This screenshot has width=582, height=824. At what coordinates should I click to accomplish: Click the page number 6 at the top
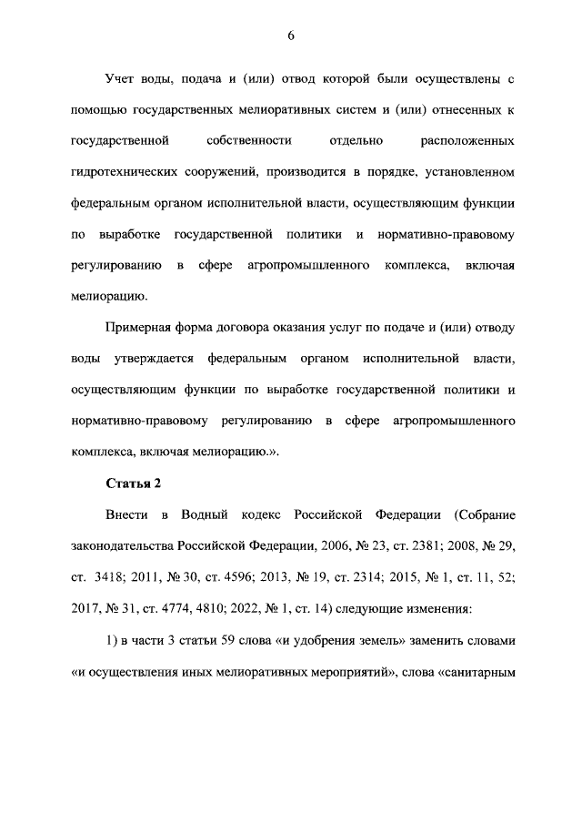tap(291, 36)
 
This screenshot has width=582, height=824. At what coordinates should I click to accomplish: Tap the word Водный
tap(206, 514)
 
